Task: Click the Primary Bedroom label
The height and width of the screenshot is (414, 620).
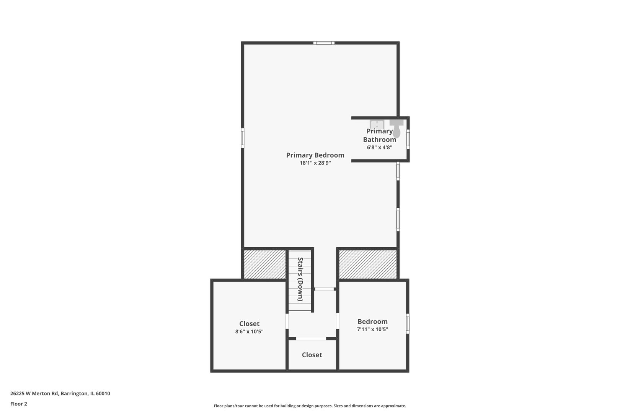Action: pyautogui.click(x=315, y=155)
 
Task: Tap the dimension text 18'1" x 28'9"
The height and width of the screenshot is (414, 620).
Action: pyautogui.click(x=315, y=163)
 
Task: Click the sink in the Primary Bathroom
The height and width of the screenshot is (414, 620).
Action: pyautogui.click(x=377, y=125)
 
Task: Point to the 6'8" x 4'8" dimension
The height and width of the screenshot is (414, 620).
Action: pyautogui.click(x=379, y=147)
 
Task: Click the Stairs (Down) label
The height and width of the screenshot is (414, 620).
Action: pyautogui.click(x=300, y=279)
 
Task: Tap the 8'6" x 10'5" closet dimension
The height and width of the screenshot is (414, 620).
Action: pyautogui.click(x=249, y=332)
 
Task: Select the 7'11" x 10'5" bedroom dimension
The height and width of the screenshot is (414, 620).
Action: pyautogui.click(x=372, y=329)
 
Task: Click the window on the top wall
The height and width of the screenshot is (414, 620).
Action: pyautogui.click(x=324, y=43)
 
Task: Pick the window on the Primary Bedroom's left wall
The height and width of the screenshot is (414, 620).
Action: pyautogui.click(x=243, y=138)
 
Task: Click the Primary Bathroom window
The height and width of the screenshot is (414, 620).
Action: pyautogui.click(x=408, y=139)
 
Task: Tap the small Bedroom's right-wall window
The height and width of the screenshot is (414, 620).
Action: pyautogui.click(x=408, y=324)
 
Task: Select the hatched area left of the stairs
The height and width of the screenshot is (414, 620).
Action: pyautogui.click(x=265, y=264)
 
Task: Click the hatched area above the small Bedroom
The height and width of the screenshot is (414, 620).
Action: pyautogui.click(x=367, y=264)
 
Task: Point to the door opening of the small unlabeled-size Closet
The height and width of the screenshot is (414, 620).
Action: pyautogui.click(x=311, y=338)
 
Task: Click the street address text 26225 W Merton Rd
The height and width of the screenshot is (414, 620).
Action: pyautogui.click(x=60, y=393)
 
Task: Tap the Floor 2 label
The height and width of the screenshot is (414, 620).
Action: pyautogui.click(x=19, y=404)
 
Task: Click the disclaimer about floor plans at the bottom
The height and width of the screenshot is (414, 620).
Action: pyautogui.click(x=310, y=406)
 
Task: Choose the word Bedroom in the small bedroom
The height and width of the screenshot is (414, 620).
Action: pyautogui.click(x=372, y=322)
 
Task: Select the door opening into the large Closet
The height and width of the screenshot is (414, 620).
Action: pyautogui.click(x=287, y=321)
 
